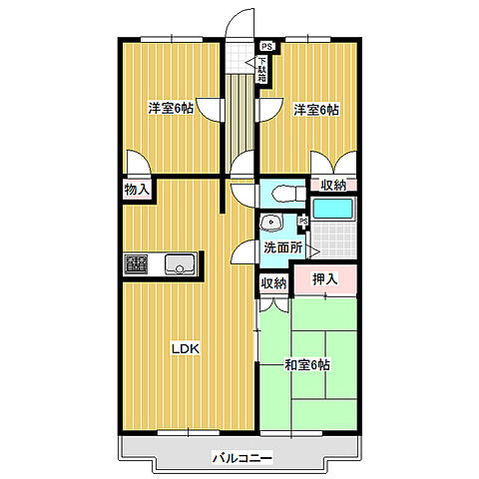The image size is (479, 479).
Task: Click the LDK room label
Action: [186, 348]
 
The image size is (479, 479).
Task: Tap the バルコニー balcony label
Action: [242, 458]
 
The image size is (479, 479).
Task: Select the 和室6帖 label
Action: [307, 365]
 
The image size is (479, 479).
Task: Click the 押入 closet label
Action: [325, 278]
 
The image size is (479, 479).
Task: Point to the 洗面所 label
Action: [283, 247]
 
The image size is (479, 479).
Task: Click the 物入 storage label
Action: [137, 190]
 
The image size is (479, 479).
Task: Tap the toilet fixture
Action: [288, 194]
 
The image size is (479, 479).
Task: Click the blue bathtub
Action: [333, 209]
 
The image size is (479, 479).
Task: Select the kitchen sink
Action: [180, 264]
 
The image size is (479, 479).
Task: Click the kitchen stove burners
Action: [136, 264]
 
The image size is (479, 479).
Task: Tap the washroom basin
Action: [271, 222]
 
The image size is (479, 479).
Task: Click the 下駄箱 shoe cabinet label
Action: [262, 70]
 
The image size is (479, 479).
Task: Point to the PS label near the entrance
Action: [266, 46]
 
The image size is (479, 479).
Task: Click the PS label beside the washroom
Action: [303, 221]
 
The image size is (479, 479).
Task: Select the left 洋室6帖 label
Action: [171, 109]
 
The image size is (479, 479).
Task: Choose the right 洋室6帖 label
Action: [316, 110]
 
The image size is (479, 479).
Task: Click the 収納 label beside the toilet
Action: [333, 185]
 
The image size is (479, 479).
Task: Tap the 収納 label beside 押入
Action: [273, 283]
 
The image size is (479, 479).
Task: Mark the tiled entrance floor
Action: [239, 57]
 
